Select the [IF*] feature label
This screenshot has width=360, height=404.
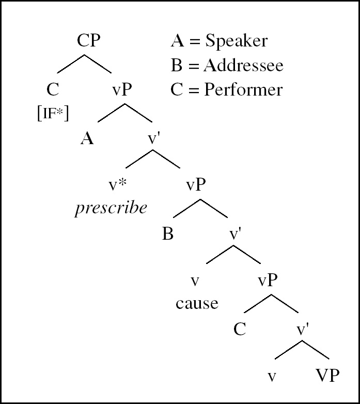[53, 113]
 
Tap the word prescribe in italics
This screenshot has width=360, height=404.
[111, 208]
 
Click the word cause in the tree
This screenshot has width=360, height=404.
[197, 303]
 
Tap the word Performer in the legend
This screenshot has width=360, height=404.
[243, 90]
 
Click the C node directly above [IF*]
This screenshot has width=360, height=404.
[53, 90]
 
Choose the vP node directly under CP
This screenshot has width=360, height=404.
[122, 90]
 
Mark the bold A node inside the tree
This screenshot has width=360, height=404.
[87, 138]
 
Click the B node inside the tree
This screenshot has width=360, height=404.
[167, 234]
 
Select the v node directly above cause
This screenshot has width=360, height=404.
[195, 282]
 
